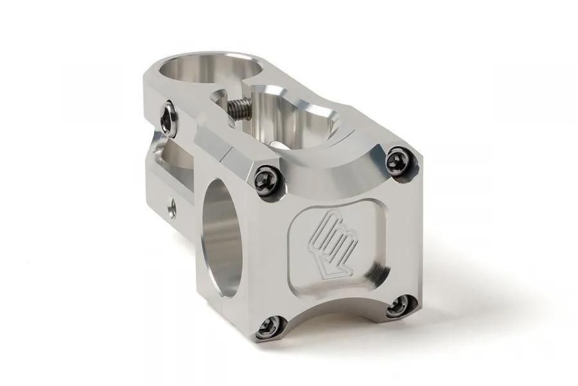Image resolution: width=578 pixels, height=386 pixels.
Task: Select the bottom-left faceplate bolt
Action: tap(266, 329)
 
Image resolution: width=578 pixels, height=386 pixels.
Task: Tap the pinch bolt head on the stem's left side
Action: tap(169, 119)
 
